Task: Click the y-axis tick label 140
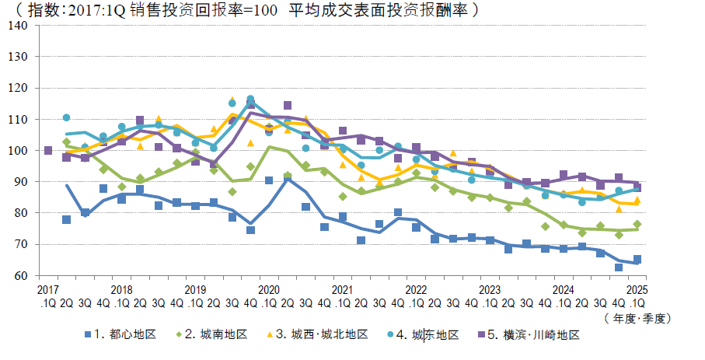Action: click(19, 25)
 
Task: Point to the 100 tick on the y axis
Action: click(19, 150)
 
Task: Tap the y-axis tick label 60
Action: click(22, 275)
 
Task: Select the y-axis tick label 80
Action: click(22, 213)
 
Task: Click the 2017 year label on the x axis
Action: click(47, 289)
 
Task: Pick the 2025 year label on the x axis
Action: click(637, 289)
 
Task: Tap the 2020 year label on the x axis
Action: click(268, 289)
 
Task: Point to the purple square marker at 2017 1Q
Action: click(48, 150)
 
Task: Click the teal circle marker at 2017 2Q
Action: click(66, 117)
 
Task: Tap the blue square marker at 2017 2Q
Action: click(66, 219)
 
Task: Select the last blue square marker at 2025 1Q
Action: click(637, 259)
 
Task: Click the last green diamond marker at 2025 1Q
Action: click(637, 224)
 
